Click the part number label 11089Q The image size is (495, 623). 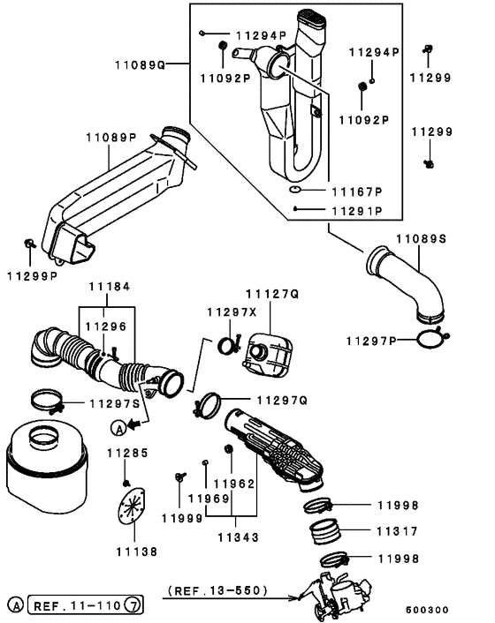(x=140, y=64)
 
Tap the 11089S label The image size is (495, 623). (x=421, y=238)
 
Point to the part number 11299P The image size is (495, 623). (x=33, y=276)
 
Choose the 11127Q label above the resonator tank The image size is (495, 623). (x=271, y=292)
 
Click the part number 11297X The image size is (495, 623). (x=231, y=312)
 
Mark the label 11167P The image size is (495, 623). (x=356, y=191)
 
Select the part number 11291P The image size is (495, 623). (x=356, y=211)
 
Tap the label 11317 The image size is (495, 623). (x=397, y=531)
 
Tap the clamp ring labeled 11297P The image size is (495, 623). (x=430, y=337)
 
